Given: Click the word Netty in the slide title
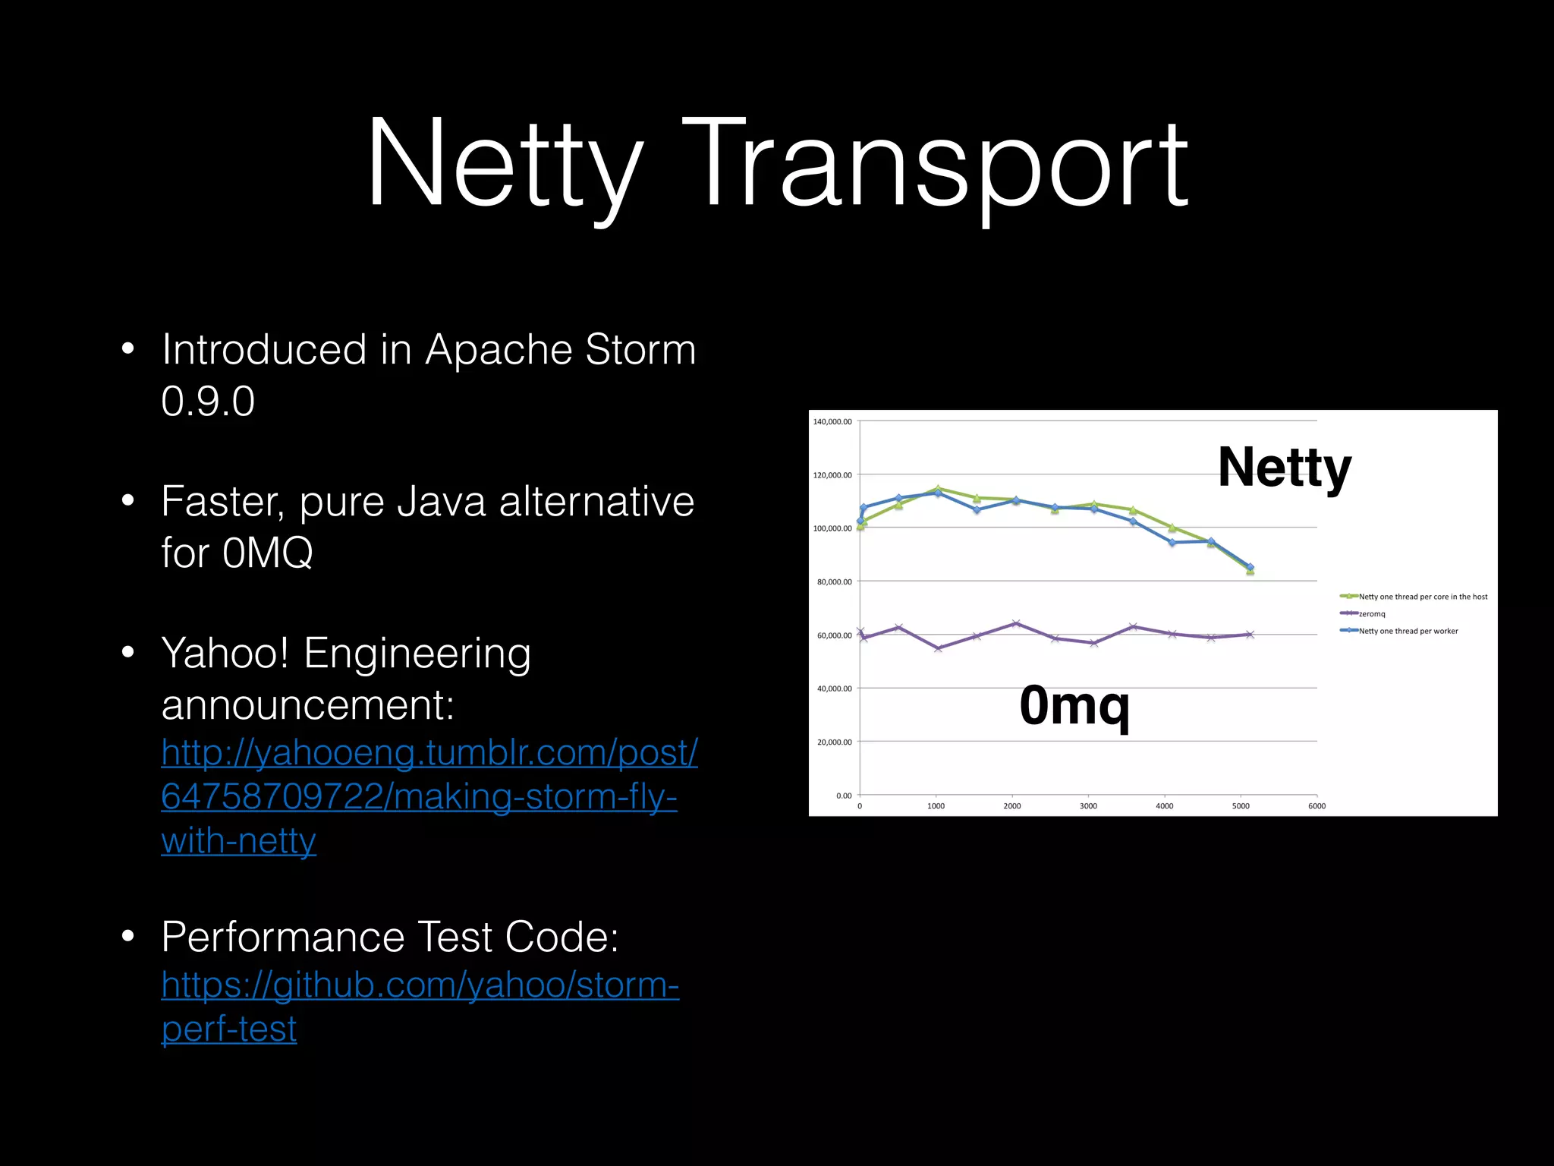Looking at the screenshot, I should click(505, 163).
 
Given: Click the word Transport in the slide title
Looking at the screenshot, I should click(937, 163).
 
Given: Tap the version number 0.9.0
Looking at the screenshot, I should click(208, 401).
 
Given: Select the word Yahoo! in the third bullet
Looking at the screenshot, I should click(225, 654).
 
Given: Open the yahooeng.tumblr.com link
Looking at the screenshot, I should click(429, 796).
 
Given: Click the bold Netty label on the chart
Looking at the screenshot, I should click(1284, 468).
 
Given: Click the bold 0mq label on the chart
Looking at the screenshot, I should click(1074, 705).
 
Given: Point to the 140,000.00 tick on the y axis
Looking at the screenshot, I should click(832, 421).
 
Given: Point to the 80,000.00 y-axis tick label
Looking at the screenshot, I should click(834, 581).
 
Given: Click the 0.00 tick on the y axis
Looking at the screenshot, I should click(843, 796).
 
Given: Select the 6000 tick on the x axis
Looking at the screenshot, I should click(1316, 806).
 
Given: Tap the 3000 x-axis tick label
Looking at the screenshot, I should click(1088, 806).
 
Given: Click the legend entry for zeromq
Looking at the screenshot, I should click(1371, 613).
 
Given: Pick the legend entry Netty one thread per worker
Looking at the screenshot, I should click(1408, 631).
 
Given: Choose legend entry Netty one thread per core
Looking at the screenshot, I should click(1422, 597).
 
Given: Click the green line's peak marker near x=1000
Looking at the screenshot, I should click(939, 489).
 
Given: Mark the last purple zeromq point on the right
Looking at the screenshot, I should click(1250, 635).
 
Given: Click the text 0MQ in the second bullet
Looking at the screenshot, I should click(267, 553).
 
